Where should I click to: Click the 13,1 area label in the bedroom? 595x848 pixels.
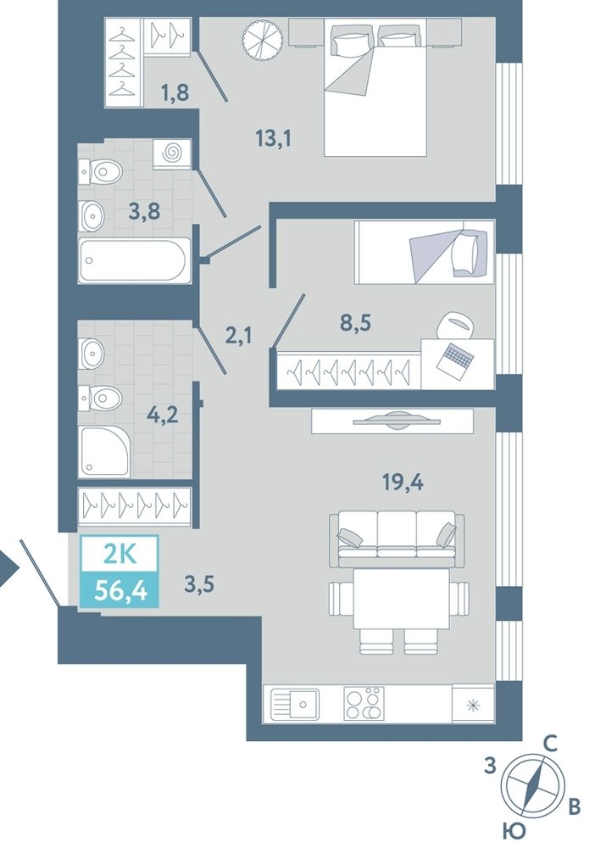coord(274,139)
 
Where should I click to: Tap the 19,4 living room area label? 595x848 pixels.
coord(403,481)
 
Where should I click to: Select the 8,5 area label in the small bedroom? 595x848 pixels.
coord(356,325)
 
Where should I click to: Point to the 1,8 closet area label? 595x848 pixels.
coord(175,92)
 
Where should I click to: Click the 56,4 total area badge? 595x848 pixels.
coord(120,589)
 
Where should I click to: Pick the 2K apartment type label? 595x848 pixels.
coord(120,555)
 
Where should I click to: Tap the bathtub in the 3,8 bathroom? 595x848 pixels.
coord(135,260)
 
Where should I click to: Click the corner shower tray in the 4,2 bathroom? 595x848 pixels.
coord(105,451)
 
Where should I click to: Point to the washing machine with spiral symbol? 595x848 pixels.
coord(172,153)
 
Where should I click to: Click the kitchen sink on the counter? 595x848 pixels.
coord(294,704)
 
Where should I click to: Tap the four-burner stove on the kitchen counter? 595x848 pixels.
coord(364,704)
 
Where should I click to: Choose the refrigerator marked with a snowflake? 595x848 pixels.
coord(473,704)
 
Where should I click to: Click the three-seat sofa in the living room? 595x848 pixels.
coord(397,539)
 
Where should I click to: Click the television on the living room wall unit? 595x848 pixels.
coord(392,421)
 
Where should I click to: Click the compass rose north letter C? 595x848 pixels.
coord(549,745)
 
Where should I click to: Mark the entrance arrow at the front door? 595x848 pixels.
coord(8,568)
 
